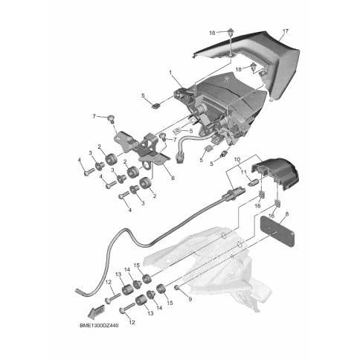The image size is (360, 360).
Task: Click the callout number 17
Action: [x=286, y=31]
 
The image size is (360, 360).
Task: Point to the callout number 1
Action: [x=170, y=73]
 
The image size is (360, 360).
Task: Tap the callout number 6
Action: [x=173, y=178]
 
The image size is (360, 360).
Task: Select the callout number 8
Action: [x=287, y=214]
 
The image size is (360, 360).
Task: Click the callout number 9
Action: [x=190, y=300]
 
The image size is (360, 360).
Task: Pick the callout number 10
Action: [x=237, y=159]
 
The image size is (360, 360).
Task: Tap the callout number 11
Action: [x=244, y=172]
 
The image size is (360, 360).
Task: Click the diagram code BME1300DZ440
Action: [x=99, y=325]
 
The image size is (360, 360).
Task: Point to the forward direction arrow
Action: [x=96, y=312]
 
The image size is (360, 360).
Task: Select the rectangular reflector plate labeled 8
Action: [x=277, y=231]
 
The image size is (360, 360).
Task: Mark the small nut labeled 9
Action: [x=177, y=288]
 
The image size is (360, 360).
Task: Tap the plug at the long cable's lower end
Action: [x=80, y=292]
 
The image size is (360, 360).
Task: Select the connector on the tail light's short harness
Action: [x=179, y=158]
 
